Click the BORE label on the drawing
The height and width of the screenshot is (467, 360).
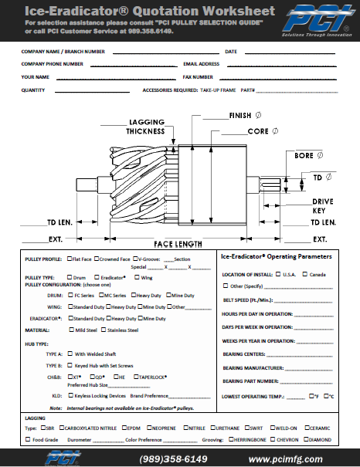point(304,156)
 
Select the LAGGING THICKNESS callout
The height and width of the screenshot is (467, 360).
point(148,127)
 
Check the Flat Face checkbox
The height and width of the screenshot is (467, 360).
point(70,259)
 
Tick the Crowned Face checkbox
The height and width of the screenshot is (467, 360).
point(97,259)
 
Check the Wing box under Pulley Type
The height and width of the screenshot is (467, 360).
point(137,277)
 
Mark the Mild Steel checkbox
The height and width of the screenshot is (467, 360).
point(72,330)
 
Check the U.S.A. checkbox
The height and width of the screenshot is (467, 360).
point(277,274)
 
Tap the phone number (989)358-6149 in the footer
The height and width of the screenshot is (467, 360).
point(173,459)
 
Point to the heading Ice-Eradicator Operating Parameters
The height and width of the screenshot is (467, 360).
point(277,256)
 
